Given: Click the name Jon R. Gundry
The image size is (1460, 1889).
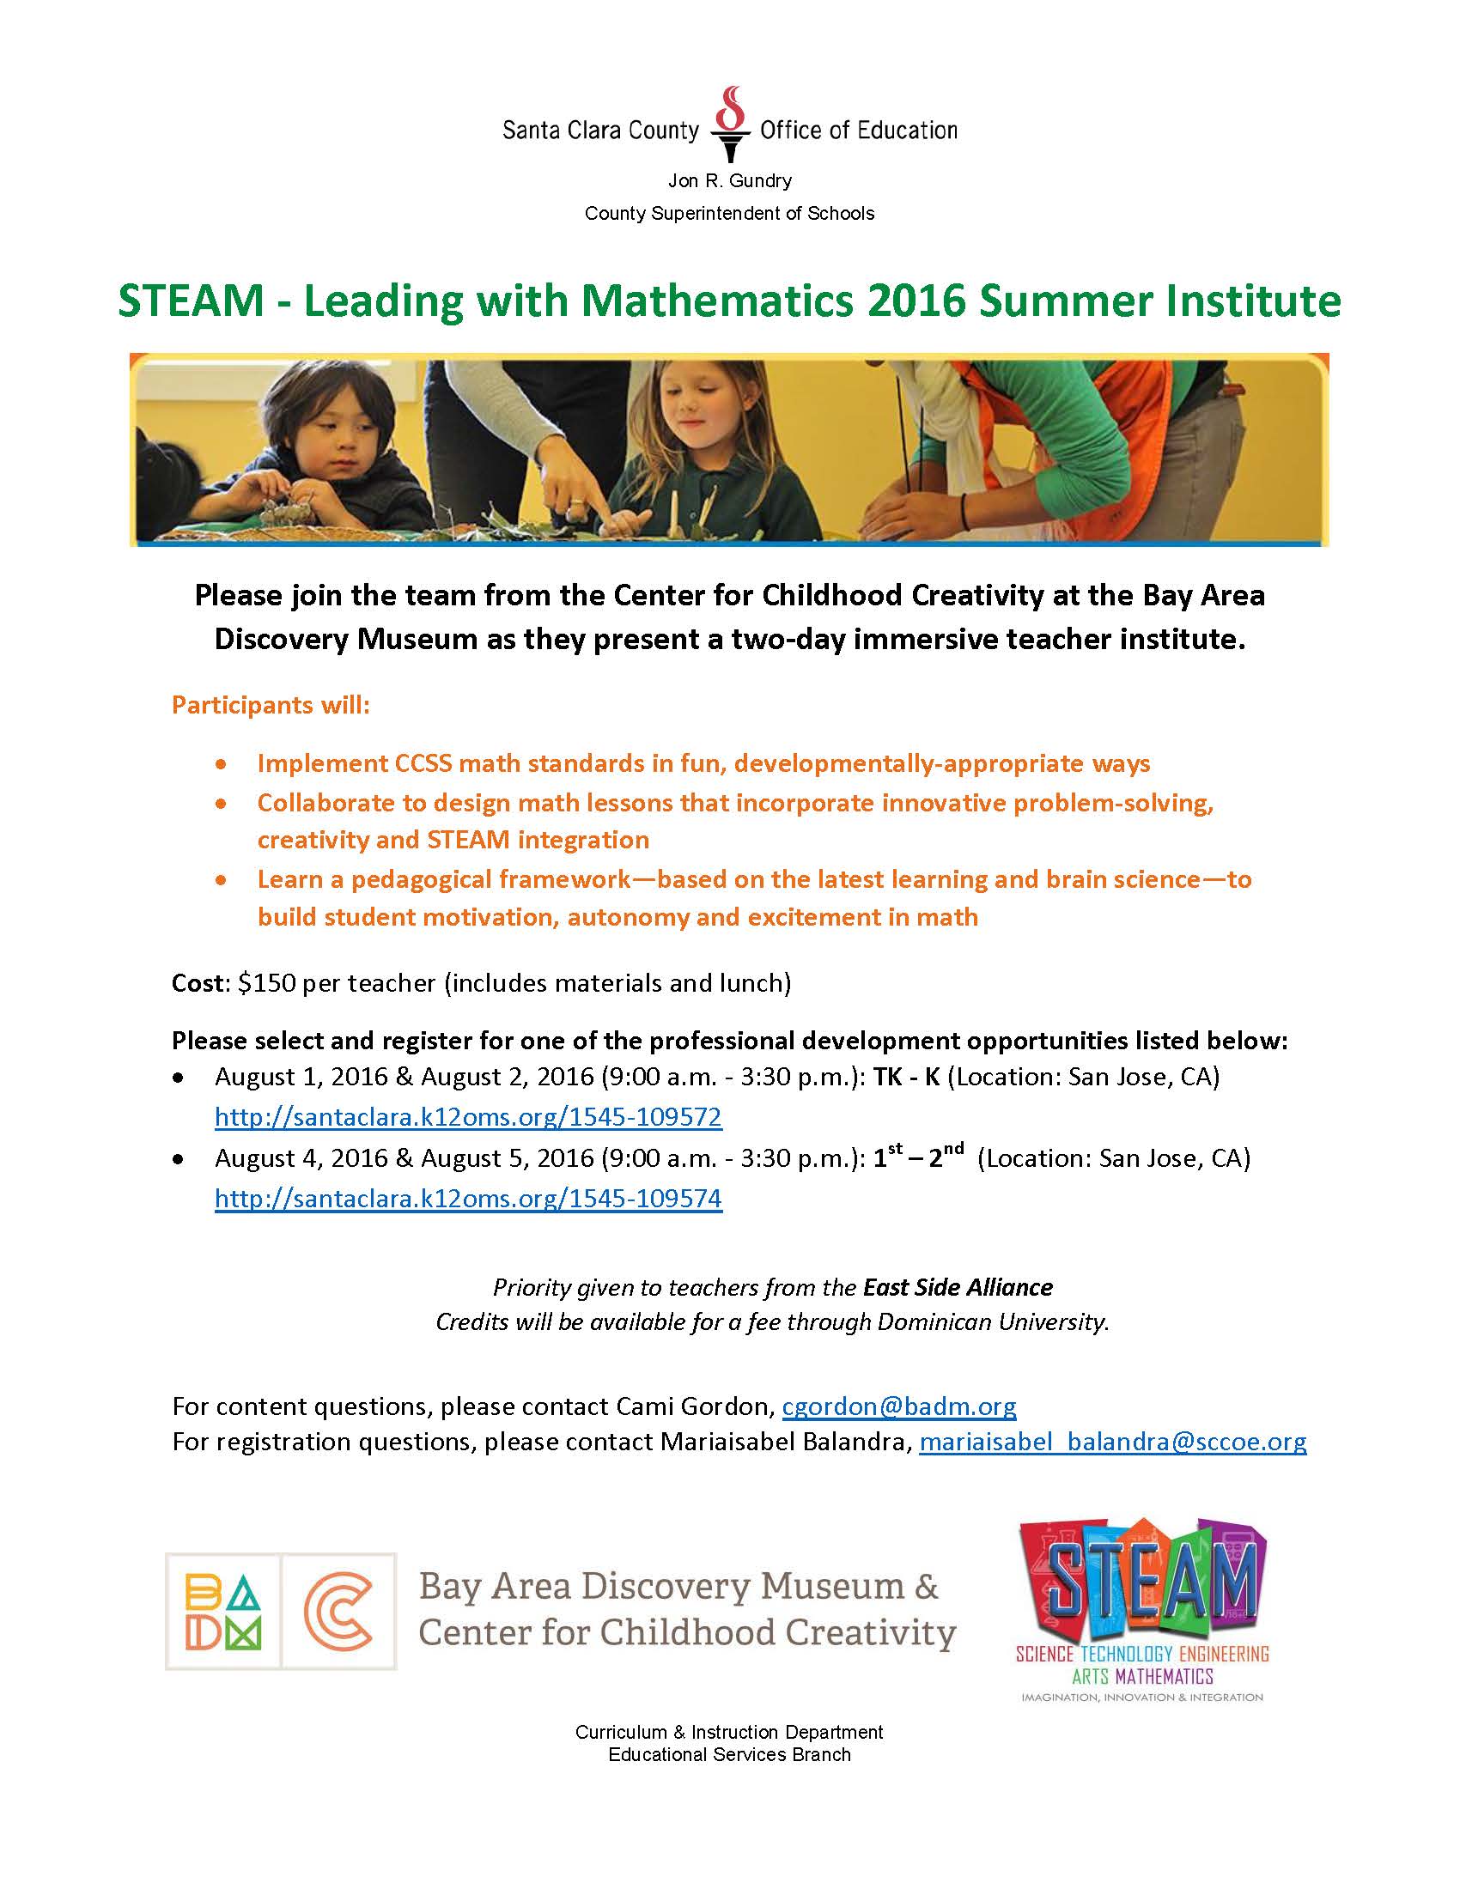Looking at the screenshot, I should click(x=729, y=181).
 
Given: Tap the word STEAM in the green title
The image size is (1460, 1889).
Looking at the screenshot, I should click(x=191, y=302).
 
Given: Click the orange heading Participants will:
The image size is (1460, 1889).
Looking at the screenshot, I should click(x=271, y=705).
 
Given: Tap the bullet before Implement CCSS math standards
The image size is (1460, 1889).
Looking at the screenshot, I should click(x=222, y=764).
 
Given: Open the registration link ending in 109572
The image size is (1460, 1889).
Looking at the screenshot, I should click(x=468, y=1117).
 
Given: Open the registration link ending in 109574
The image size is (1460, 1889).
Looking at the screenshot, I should click(x=468, y=1199).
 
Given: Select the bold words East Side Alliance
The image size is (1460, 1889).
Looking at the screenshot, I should click(x=958, y=1288).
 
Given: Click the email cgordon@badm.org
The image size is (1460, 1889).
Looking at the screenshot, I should click(x=898, y=1406).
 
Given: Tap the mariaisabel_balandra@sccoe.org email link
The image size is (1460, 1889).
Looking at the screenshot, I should click(x=1112, y=1442).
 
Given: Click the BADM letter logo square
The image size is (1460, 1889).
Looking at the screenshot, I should click(x=222, y=1612).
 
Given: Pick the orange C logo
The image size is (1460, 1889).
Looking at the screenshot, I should click(x=339, y=1612).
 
